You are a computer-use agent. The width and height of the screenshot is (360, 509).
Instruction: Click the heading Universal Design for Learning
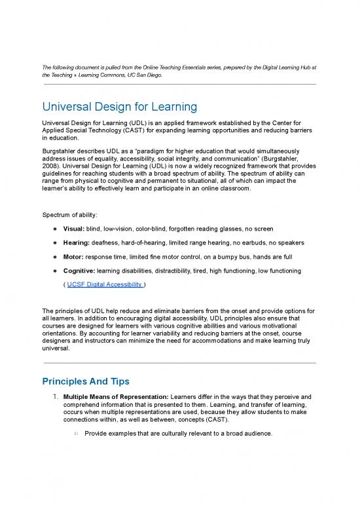(x=120, y=106)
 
